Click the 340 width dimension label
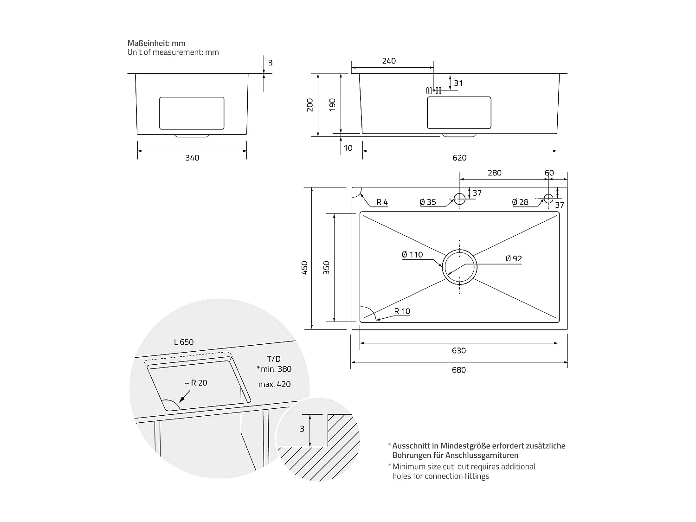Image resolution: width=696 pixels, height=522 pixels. pyautogui.click(x=192, y=158)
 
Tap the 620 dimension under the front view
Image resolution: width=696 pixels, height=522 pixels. pyautogui.click(x=459, y=158)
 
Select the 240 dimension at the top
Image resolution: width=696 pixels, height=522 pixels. pyautogui.click(x=389, y=61)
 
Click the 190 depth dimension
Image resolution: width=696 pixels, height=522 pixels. pyautogui.click(x=332, y=105)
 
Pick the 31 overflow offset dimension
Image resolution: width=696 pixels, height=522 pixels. pyautogui.click(x=458, y=84)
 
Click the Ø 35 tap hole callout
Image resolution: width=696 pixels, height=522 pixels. pyautogui.click(x=427, y=202)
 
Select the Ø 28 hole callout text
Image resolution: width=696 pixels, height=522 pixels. pyautogui.click(x=520, y=202)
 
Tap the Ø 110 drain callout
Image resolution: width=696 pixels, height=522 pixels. pyautogui.click(x=412, y=254)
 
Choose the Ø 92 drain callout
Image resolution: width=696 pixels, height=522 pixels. pyautogui.click(x=514, y=258)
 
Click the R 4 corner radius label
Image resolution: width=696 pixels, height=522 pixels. pyautogui.click(x=382, y=202)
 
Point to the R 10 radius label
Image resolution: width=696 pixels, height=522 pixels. pyautogui.click(x=402, y=311)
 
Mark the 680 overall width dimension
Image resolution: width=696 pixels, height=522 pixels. pyautogui.click(x=458, y=370)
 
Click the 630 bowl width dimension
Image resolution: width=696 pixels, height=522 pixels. pyautogui.click(x=458, y=350)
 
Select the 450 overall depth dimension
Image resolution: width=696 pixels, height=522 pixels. pyautogui.click(x=305, y=267)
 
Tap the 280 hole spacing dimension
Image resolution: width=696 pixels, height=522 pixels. pyautogui.click(x=495, y=173)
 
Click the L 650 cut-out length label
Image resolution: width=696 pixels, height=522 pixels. pyautogui.click(x=184, y=342)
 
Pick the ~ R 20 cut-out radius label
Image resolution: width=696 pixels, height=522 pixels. pyautogui.click(x=195, y=383)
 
